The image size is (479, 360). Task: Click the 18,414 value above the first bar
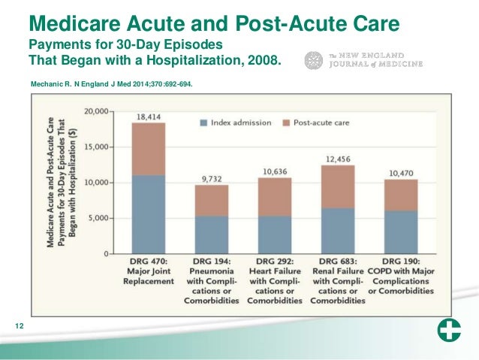coord(149,116)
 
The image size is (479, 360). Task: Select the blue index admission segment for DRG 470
coord(149,214)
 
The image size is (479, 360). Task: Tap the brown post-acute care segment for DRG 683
coord(338,187)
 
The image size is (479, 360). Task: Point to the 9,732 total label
coord(212,179)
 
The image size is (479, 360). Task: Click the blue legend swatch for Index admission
coord(203,123)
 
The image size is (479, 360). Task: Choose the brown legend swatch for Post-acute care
coord(286,123)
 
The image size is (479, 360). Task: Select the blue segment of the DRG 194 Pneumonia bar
coord(212,235)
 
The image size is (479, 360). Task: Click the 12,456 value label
coord(338,159)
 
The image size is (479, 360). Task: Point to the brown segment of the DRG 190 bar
coord(401,195)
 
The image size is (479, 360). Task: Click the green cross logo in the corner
coord(449,330)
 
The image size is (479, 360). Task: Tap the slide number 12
coord(20,326)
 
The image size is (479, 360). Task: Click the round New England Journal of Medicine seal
coord(313,60)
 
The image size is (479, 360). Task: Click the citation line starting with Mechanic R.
coord(112,84)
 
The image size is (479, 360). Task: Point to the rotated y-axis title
coord(62,183)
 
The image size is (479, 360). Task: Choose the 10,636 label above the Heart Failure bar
coord(275,171)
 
